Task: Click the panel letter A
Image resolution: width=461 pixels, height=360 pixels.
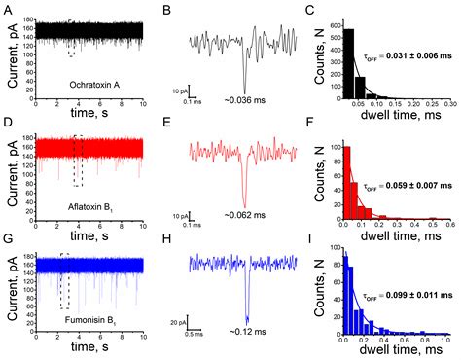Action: [7, 9]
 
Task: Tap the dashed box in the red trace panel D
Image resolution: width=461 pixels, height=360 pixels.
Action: [78, 160]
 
